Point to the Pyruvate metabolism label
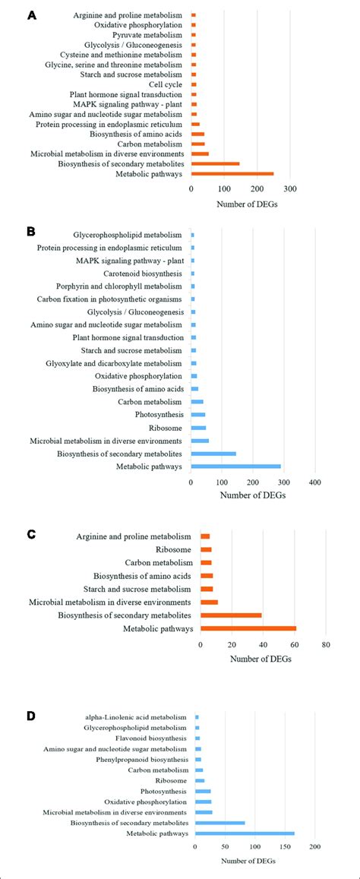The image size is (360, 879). [147, 35]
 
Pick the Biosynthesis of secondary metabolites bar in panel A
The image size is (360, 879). [215, 163]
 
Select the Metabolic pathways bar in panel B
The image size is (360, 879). [236, 466]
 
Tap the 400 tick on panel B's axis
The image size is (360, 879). [314, 482]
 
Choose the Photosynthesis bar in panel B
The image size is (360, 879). [198, 414]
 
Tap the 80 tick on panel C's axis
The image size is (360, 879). [325, 645]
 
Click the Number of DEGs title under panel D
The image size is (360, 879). [251, 861]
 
